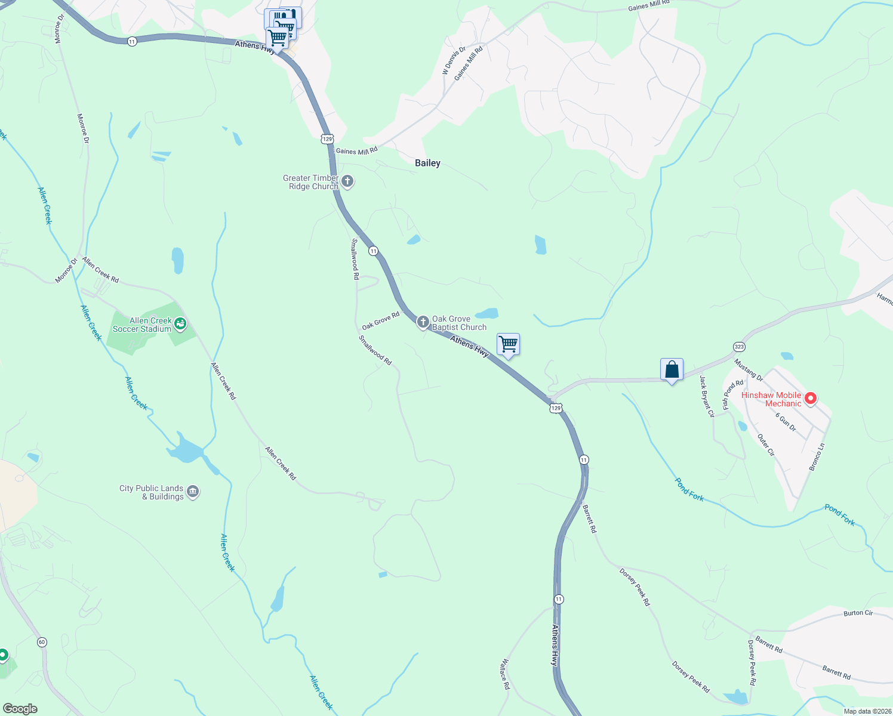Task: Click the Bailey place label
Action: point(427,163)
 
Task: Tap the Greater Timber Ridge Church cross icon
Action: point(347,181)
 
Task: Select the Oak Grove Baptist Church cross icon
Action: point(423,323)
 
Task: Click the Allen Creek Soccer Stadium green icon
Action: point(180,325)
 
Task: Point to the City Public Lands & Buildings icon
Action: point(193,492)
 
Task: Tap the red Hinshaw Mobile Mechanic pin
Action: point(810,398)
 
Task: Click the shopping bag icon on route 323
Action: point(672,369)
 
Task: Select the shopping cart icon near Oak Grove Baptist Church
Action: point(508,344)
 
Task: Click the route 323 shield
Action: point(739,347)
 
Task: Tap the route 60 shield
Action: point(41,643)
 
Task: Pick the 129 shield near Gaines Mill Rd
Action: point(327,138)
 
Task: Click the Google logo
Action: point(20,708)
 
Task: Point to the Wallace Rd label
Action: point(506,674)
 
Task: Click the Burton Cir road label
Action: point(858,613)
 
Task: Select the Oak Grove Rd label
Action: point(380,320)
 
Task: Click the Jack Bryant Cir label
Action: point(706,396)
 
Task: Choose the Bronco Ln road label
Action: point(817,456)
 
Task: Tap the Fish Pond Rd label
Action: point(733,395)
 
